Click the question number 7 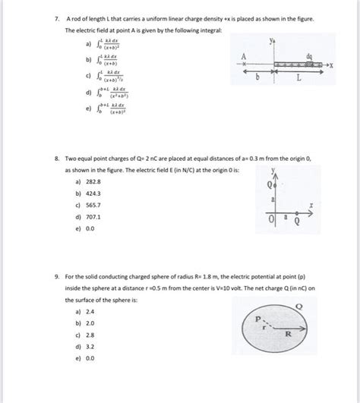[47, 17]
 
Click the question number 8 [47, 161]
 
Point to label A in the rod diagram [244, 56]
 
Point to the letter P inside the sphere [257, 319]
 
